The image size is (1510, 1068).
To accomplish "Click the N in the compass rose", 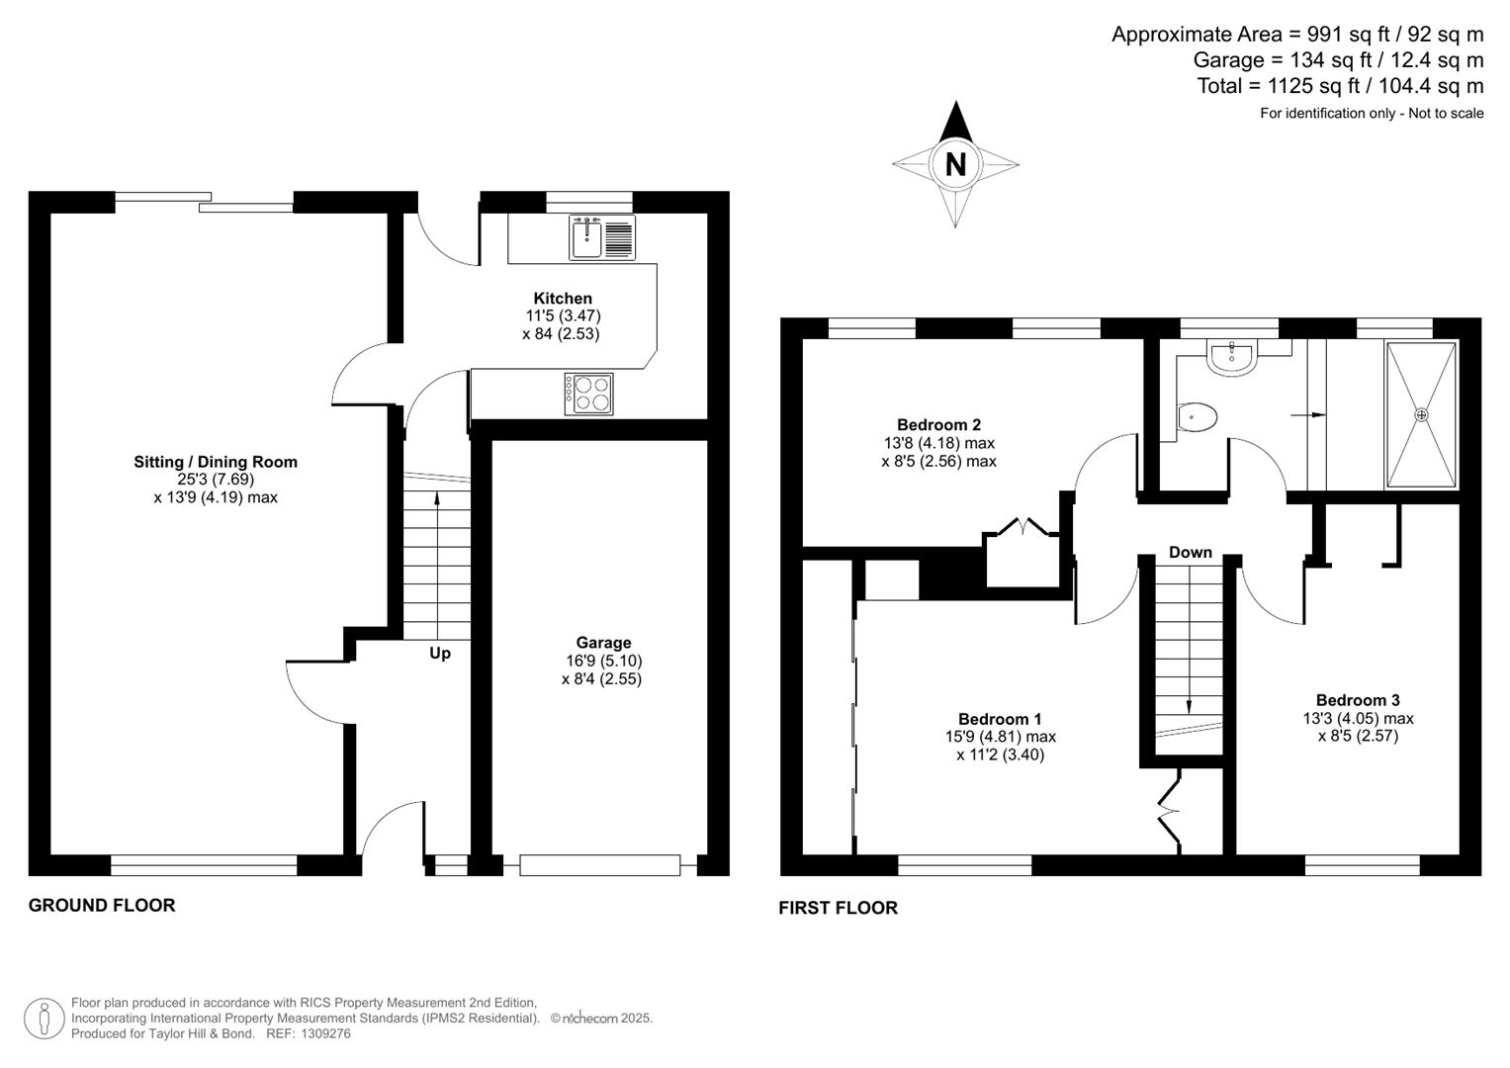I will click(955, 164).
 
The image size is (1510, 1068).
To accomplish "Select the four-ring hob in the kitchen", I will click(589, 394).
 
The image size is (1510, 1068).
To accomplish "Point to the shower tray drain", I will click(1422, 414).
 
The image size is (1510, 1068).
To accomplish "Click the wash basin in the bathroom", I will click(1232, 358).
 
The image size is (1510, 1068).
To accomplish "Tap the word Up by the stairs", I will click(440, 654).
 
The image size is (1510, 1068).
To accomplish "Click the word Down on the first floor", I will click(1190, 553).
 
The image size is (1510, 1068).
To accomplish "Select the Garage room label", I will click(603, 643).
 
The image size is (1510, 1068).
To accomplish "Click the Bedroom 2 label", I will click(938, 425).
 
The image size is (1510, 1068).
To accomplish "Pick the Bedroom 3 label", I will click(1358, 700).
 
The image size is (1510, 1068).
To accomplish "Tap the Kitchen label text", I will click(563, 299).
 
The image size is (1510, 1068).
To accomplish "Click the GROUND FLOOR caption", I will click(102, 905).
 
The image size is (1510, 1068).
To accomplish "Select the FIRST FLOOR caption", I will click(838, 908).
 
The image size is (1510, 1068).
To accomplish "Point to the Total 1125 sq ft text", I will click(1340, 86).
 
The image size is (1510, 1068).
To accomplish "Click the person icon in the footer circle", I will click(44, 1019).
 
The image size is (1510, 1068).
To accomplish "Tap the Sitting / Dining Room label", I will click(216, 462).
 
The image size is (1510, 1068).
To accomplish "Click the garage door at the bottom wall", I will click(600, 865).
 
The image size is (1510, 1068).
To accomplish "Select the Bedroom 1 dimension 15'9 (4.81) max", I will click(1000, 737).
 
